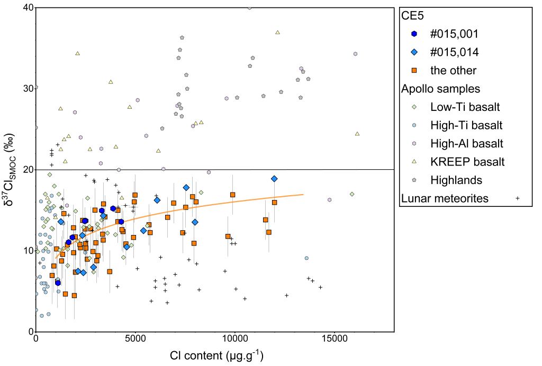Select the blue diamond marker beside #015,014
pos(414,52)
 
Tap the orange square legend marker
pos(414,70)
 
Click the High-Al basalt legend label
pos(466,143)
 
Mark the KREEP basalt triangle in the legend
pos(414,162)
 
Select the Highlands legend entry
pos(456,180)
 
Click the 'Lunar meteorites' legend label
pos(445,198)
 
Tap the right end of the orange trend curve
pos(303,194)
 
